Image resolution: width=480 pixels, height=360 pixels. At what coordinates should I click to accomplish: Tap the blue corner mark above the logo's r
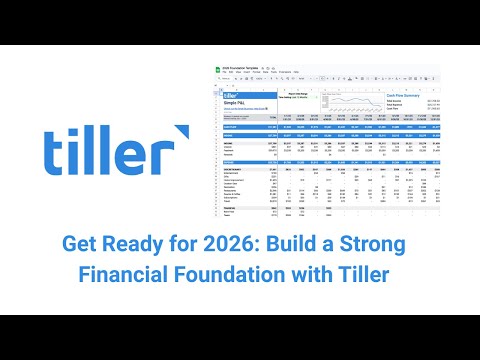tap(180, 131)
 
